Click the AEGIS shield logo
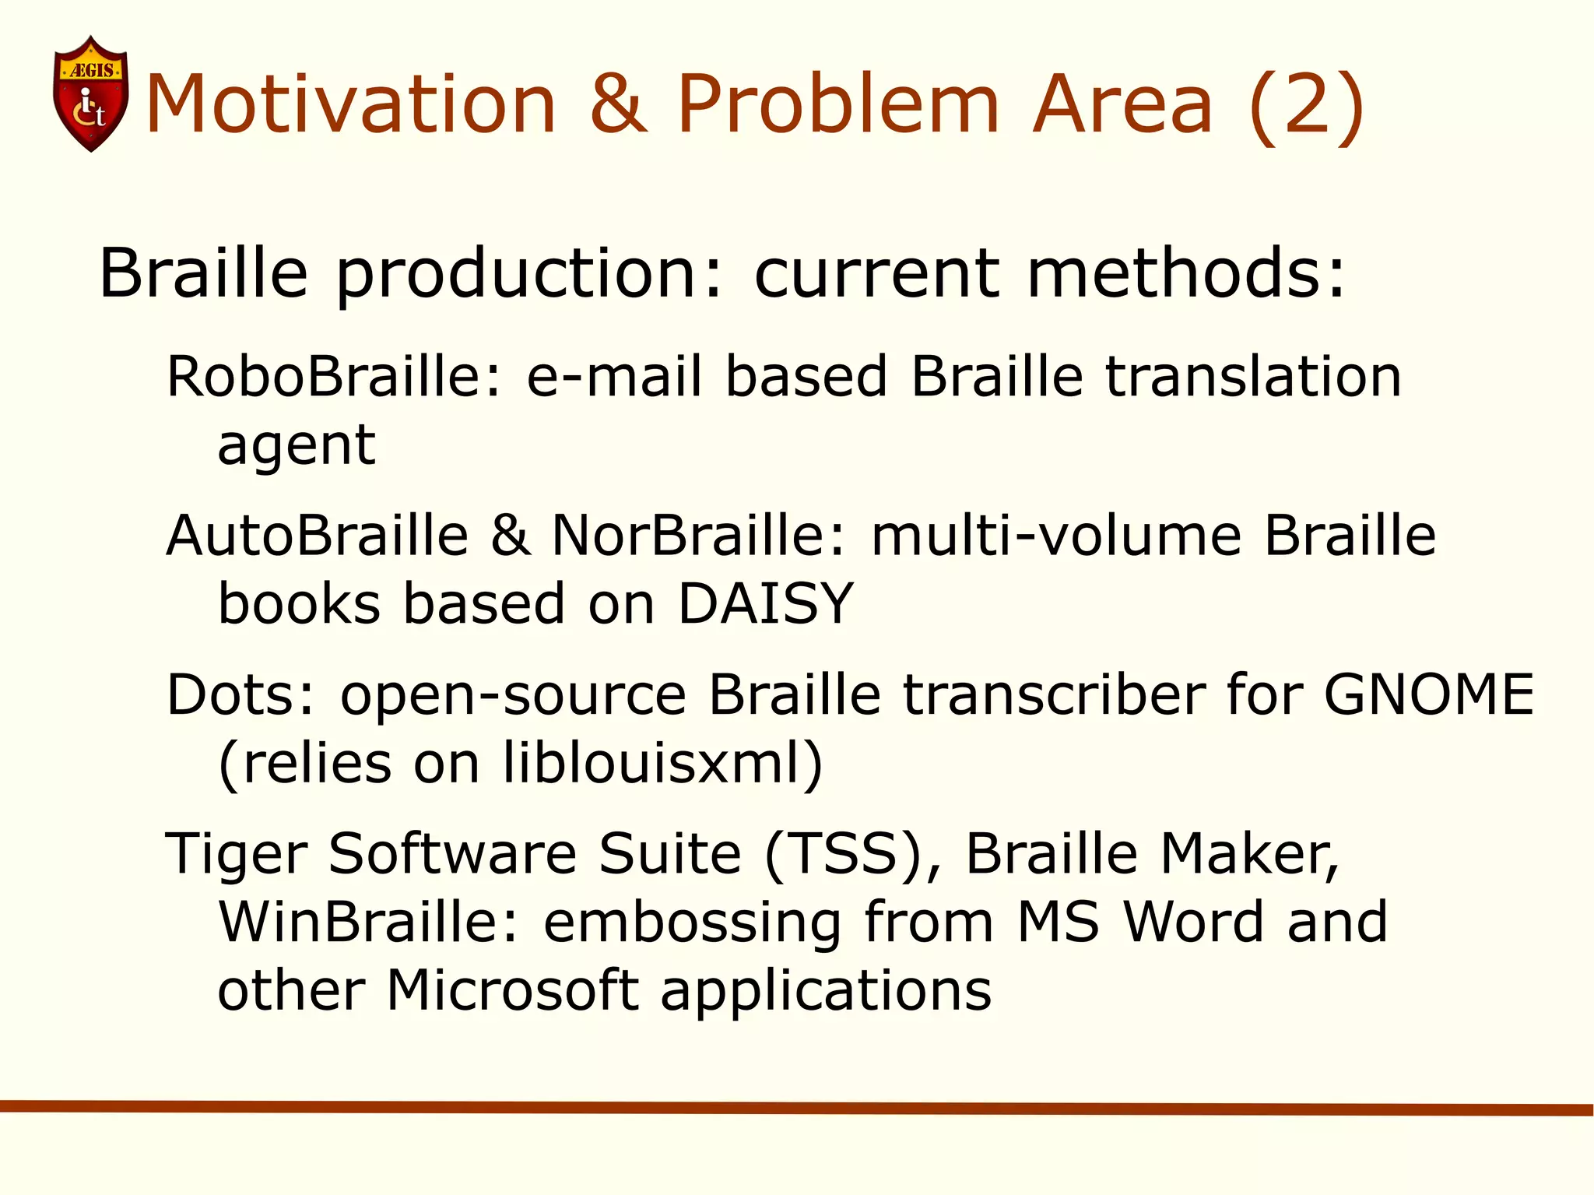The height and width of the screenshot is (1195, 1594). coord(90,93)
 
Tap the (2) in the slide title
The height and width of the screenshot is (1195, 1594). coord(1306,105)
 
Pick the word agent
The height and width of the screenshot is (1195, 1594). coord(297,447)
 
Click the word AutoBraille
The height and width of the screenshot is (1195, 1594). coord(318,536)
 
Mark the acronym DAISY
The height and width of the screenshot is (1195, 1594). coord(766,603)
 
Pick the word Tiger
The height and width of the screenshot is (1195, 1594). coord(237,855)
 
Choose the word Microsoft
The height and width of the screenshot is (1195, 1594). coord(513,990)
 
